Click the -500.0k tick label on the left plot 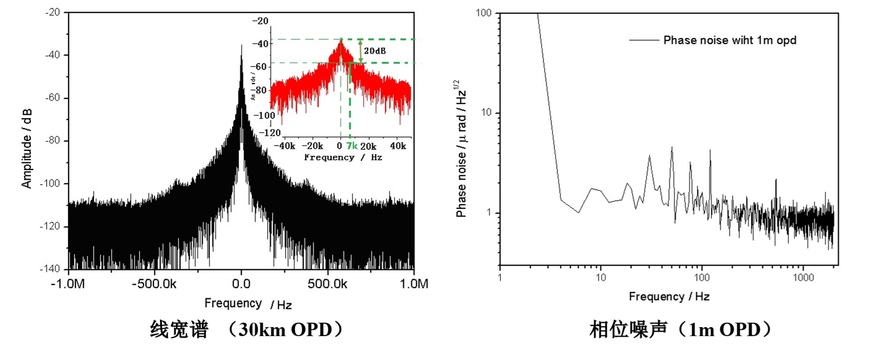[x=154, y=284]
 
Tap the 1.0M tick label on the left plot [x=414, y=284]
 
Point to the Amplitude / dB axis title [x=27, y=148]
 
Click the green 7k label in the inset [x=352, y=146]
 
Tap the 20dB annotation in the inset [x=375, y=51]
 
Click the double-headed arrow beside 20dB [x=361, y=51]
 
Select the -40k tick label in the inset [x=285, y=146]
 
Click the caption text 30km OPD [x=285, y=330]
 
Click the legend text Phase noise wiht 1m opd [x=729, y=40]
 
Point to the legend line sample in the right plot [x=644, y=40]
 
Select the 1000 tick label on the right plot [x=803, y=278]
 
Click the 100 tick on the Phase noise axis [x=484, y=13]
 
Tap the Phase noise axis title [x=461, y=148]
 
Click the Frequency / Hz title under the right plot [x=669, y=297]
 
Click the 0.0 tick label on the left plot [x=241, y=284]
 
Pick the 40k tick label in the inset [x=398, y=146]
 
